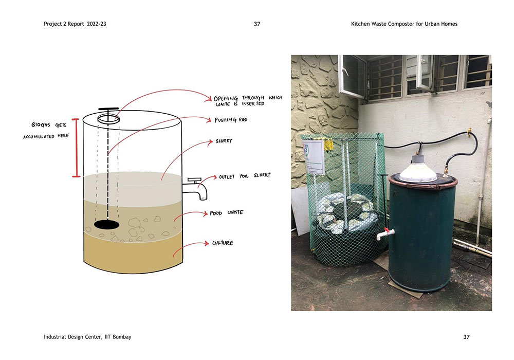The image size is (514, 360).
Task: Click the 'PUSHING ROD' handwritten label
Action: [231, 120]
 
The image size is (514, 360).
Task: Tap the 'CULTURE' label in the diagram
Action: [223, 243]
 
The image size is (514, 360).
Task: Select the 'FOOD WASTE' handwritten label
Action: [227, 213]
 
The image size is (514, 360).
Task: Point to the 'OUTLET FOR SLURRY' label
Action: [245, 176]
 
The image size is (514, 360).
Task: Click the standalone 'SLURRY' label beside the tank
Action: [224, 141]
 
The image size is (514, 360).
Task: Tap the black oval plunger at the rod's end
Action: [106, 225]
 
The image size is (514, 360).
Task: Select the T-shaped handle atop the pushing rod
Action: [108, 109]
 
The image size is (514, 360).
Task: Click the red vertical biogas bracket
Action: [76, 148]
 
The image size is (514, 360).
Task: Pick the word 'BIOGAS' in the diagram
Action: [41, 124]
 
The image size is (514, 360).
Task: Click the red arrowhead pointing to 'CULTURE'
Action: [207, 243]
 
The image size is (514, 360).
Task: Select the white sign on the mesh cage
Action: [314, 157]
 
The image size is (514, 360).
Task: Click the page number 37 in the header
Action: [257, 24]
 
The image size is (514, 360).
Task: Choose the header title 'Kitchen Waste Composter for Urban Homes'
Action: [404, 24]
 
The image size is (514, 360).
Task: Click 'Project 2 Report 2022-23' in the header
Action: [75, 24]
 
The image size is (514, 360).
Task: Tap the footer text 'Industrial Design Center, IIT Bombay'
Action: [87, 337]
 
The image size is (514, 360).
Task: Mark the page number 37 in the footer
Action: [467, 337]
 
